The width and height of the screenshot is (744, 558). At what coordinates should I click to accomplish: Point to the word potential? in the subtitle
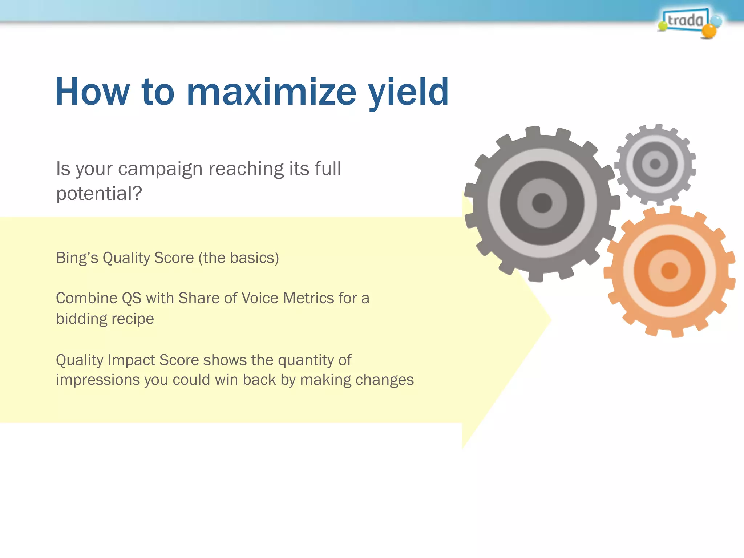click(99, 194)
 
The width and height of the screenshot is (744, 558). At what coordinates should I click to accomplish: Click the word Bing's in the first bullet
click(77, 258)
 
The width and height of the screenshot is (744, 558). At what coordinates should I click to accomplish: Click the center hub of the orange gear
click(670, 271)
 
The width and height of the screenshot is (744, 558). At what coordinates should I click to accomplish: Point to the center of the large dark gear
click(542, 203)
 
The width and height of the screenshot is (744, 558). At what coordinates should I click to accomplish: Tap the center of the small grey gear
click(655, 164)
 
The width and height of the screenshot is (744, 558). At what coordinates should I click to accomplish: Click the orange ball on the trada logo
click(708, 31)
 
